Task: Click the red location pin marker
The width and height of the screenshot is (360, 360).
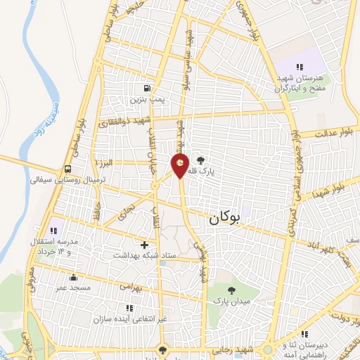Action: coord(181,166)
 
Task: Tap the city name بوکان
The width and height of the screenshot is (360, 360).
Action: coord(224,219)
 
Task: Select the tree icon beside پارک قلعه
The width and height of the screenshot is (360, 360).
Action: coord(202,160)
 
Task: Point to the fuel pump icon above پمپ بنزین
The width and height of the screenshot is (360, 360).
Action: coord(146,89)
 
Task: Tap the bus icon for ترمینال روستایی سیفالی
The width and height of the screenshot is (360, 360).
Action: coord(67,169)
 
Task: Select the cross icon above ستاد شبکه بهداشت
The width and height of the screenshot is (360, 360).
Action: coord(144,245)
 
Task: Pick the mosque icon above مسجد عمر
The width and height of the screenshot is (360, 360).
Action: coord(73,277)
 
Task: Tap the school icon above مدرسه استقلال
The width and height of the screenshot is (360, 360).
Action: coord(53,230)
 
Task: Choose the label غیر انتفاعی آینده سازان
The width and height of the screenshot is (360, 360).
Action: coord(131,319)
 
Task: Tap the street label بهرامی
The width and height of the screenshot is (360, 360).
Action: coord(129,288)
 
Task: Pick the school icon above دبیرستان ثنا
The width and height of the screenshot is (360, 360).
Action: coord(304,334)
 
